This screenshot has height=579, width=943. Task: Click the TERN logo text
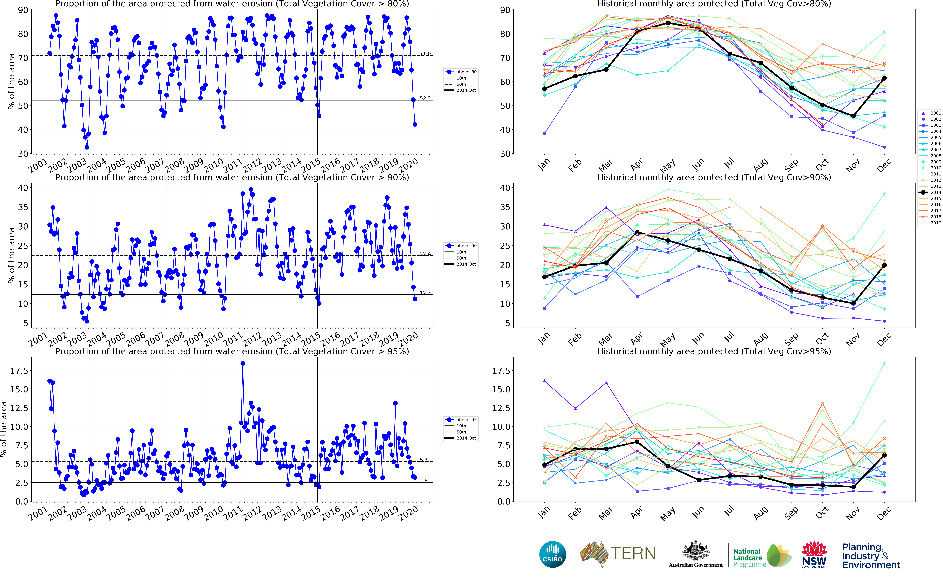click(633, 553)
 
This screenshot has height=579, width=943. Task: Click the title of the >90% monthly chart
click(714, 177)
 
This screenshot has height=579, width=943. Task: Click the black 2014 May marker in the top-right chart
click(668, 23)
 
